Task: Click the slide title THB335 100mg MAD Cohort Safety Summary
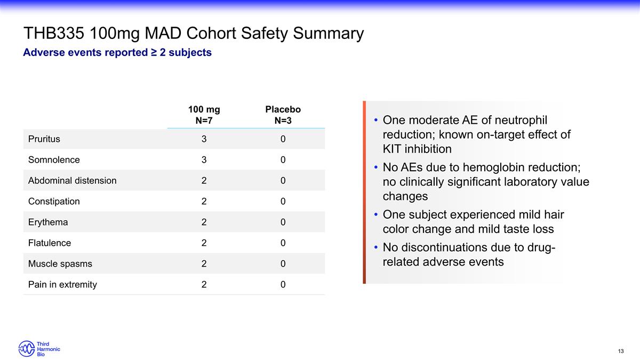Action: [194, 34]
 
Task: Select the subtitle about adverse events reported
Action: [117, 53]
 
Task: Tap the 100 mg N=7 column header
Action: [204, 115]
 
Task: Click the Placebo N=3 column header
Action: [283, 115]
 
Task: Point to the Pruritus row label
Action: [44, 139]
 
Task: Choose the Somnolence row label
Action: [54, 160]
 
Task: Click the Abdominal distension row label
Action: [72, 181]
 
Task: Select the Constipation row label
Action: [54, 202]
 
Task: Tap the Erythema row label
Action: [48, 222]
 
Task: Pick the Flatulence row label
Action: [50, 243]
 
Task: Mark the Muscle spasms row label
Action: [60, 264]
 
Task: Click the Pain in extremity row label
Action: [62, 285]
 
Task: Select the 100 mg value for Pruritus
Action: [204, 139]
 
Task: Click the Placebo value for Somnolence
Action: [283, 160]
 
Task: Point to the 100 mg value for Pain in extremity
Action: [204, 285]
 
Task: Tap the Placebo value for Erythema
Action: [283, 222]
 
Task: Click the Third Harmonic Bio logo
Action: [39, 349]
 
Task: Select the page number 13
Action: [620, 351]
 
